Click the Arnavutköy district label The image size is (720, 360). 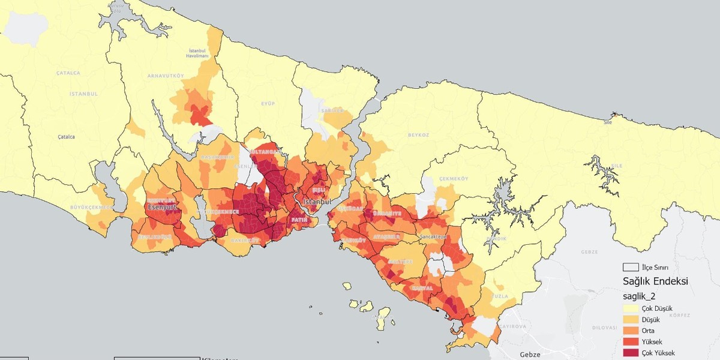pyautogui.click(x=165, y=76)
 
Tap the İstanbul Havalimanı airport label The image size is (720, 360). pyautogui.click(x=198, y=53)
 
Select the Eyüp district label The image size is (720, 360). pyautogui.click(x=268, y=104)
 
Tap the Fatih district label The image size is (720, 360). pyautogui.click(x=299, y=220)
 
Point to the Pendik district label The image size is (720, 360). pyautogui.click(x=497, y=238)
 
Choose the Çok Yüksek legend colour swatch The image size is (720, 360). pyautogui.click(x=631, y=353)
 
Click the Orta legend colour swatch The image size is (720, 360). pyautogui.click(x=631, y=331)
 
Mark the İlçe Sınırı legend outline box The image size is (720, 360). pyautogui.click(x=631, y=267)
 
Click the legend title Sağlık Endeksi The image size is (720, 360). pyautogui.click(x=656, y=281)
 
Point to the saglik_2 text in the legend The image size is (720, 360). pyautogui.click(x=640, y=296)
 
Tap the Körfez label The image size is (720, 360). pyautogui.click(x=680, y=315)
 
